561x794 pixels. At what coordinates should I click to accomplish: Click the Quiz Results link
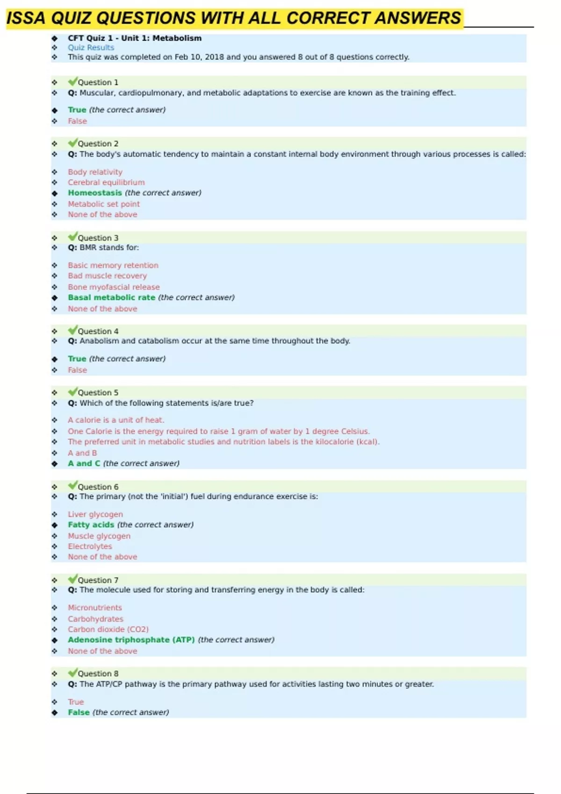tap(91, 48)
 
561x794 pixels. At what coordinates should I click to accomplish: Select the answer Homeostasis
tap(95, 193)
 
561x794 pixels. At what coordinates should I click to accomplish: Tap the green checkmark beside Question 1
tap(72, 82)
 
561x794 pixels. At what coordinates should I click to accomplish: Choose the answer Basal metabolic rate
tap(111, 298)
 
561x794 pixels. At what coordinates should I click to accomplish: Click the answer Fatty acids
tap(91, 525)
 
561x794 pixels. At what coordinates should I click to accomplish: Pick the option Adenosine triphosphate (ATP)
tap(131, 640)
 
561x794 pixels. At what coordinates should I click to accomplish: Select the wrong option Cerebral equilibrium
tap(106, 183)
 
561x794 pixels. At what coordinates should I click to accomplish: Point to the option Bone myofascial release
tap(114, 287)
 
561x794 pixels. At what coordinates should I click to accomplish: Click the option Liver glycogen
tap(95, 514)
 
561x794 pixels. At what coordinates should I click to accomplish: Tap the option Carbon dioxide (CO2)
tap(108, 630)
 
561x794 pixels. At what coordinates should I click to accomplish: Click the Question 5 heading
tap(98, 393)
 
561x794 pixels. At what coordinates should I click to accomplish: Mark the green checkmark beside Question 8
tap(72, 673)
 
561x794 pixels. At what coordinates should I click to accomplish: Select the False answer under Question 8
tap(79, 713)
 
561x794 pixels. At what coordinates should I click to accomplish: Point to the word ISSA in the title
tap(26, 18)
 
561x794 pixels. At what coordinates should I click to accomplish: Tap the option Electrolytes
tap(90, 546)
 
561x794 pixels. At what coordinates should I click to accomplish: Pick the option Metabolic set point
tap(104, 204)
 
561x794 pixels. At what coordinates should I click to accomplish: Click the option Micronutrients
tap(95, 608)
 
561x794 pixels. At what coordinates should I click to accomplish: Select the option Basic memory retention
tap(113, 265)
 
